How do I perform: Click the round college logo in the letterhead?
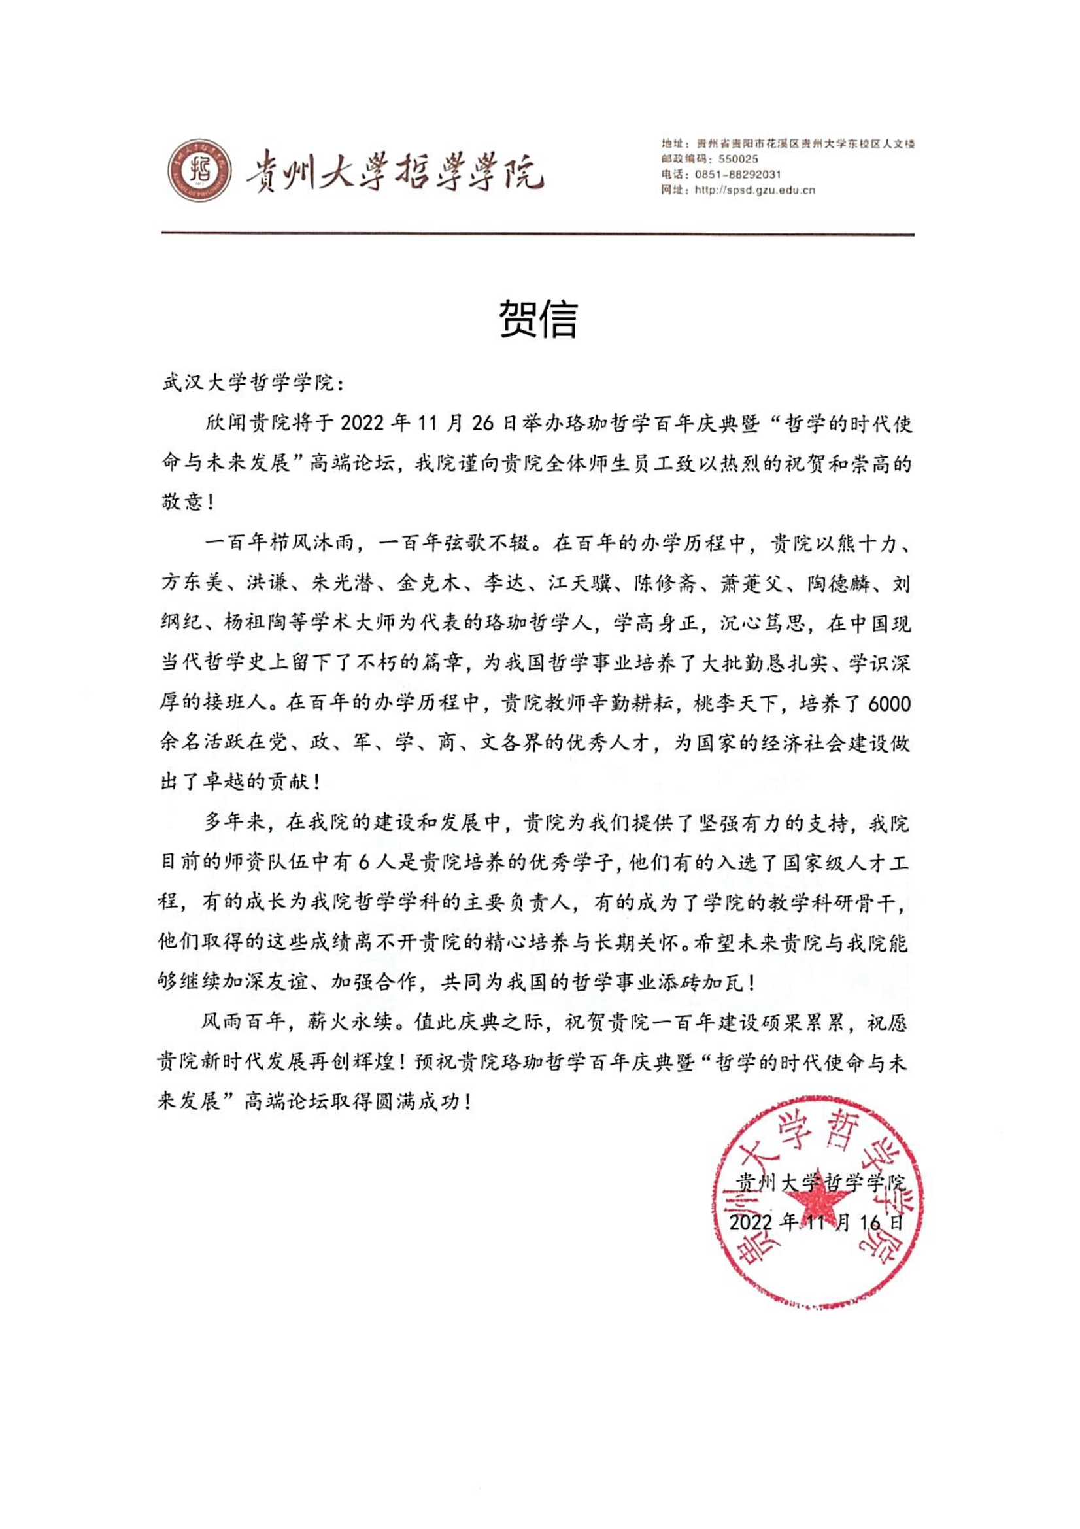(200, 172)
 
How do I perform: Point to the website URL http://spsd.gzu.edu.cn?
(754, 190)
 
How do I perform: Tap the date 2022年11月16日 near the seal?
(817, 1223)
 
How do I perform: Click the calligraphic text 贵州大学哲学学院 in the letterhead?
(394, 173)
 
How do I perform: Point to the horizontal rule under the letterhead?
(538, 233)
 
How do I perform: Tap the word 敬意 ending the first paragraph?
(180, 503)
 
